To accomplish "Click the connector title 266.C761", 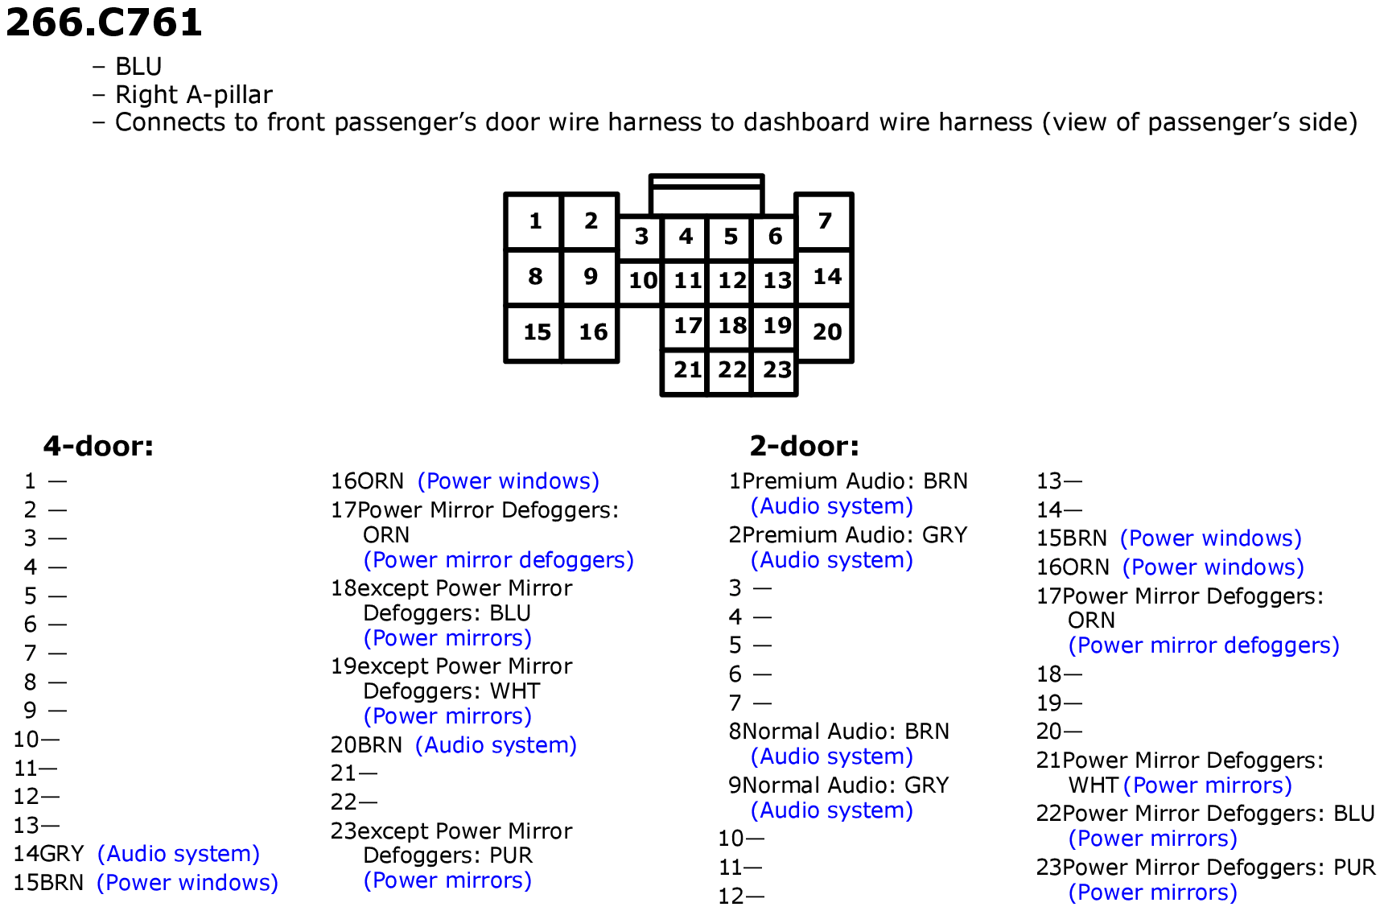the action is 104,22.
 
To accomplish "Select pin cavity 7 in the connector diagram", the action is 824,221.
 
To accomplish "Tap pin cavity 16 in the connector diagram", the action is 591,332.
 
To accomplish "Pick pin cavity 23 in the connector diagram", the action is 776,371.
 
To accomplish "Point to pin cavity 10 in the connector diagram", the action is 641,281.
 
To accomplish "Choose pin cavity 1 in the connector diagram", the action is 534,221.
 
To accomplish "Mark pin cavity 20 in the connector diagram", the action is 825,332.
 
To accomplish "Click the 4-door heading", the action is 98,446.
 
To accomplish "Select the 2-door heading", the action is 804,446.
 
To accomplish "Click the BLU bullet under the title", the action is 138,66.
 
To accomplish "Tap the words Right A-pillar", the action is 194,95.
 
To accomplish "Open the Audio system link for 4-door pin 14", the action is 179,854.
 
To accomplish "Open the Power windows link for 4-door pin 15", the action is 187,883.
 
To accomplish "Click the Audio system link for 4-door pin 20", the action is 496,745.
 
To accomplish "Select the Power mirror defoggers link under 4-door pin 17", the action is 499,560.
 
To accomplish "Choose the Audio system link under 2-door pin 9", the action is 832,810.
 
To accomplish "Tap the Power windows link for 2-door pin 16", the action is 1213,567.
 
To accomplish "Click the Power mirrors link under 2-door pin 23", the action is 1153,892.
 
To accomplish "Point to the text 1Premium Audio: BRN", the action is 848,481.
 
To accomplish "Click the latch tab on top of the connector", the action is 706,195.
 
